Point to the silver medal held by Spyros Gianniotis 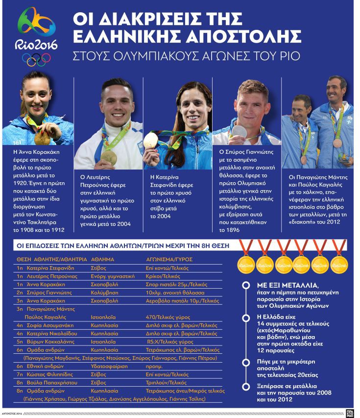(239, 132)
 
